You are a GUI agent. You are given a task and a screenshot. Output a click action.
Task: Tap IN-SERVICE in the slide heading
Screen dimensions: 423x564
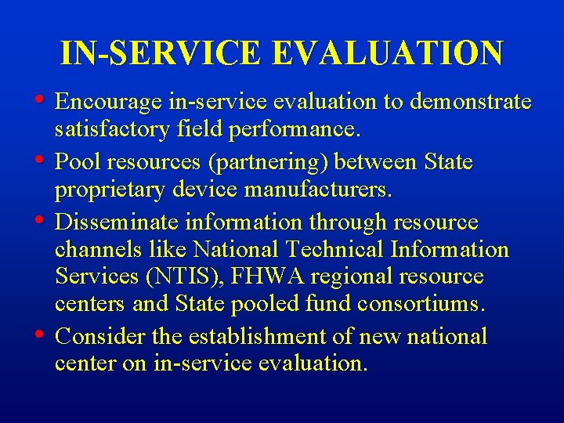(161, 53)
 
